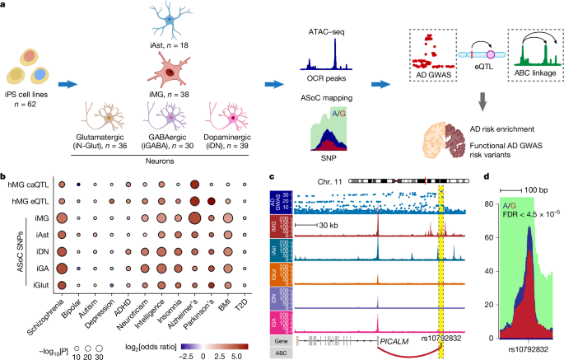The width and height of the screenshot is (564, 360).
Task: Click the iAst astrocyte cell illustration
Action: tap(161, 24)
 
